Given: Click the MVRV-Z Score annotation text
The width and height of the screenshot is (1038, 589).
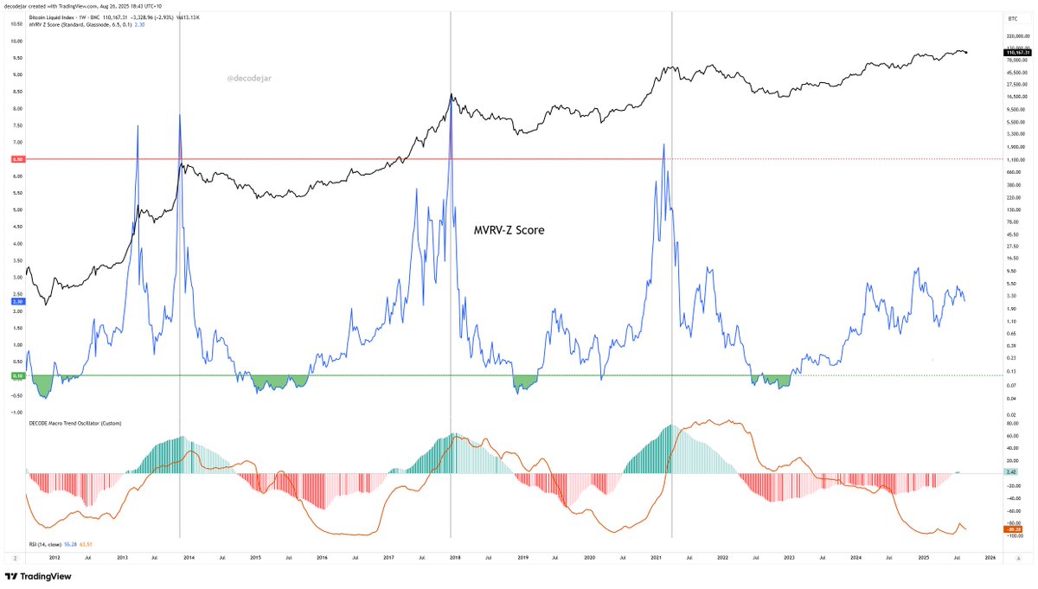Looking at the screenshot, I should coord(509,231).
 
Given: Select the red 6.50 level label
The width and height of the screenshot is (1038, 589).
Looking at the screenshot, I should coord(17,160).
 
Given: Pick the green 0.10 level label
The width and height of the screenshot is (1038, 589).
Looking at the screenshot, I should coord(17,375).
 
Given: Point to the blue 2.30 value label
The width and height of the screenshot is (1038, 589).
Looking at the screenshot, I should coord(17,302).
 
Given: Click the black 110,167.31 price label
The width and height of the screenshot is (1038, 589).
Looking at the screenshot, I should coord(1014,53).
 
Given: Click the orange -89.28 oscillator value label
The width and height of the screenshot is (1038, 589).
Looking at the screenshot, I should coord(1014,529).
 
